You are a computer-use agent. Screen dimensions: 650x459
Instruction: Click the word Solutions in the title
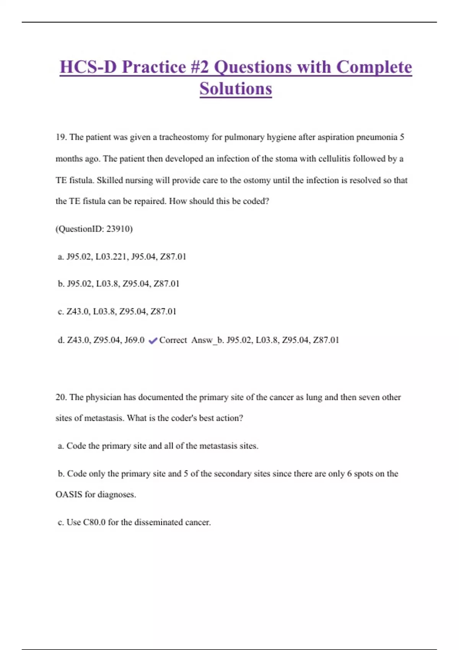click(x=236, y=89)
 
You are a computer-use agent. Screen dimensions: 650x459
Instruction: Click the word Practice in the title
click(x=154, y=67)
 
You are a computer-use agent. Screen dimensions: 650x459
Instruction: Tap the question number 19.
click(x=61, y=137)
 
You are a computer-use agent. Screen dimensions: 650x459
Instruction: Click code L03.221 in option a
click(x=111, y=257)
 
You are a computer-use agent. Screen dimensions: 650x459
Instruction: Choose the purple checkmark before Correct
click(x=153, y=340)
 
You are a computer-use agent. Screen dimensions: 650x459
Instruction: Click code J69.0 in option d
click(x=134, y=340)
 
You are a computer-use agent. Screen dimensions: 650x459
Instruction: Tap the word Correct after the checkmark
click(x=173, y=340)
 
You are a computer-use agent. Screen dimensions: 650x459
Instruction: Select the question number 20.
click(x=61, y=397)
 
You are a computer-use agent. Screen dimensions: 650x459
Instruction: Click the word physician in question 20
click(x=103, y=397)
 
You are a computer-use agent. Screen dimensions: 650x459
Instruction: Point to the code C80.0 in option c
click(x=94, y=522)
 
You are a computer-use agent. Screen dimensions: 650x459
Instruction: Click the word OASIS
click(x=69, y=494)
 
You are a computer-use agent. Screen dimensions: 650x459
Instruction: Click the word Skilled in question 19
click(x=109, y=180)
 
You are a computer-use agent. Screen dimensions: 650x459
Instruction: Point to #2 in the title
click(x=199, y=67)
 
